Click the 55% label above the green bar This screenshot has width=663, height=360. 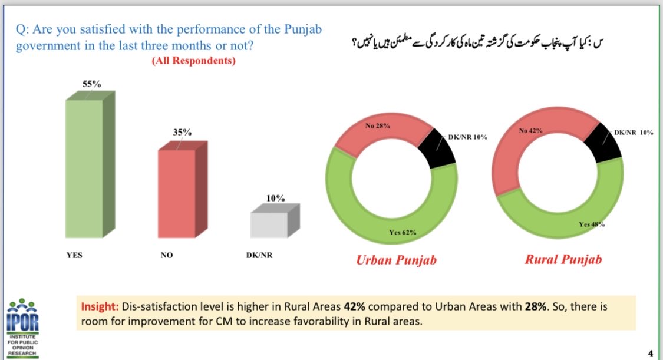(x=92, y=84)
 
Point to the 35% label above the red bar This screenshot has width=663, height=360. (x=182, y=132)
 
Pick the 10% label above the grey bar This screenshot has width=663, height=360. (x=275, y=198)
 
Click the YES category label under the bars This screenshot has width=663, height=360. (x=74, y=255)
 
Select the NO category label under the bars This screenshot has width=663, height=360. (x=167, y=255)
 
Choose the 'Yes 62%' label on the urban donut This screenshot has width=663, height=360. (x=403, y=232)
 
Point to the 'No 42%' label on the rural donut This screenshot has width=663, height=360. (x=530, y=131)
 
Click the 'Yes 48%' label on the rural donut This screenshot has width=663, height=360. (x=592, y=224)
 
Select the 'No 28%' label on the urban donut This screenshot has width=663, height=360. (x=378, y=126)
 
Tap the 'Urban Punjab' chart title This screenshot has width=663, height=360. (x=396, y=260)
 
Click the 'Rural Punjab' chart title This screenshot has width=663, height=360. (x=563, y=259)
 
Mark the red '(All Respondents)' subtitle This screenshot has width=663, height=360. (x=194, y=61)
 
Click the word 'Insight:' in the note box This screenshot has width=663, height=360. (x=100, y=307)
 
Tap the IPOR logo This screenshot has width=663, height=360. (x=23, y=328)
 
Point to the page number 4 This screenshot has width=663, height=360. (x=650, y=354)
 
